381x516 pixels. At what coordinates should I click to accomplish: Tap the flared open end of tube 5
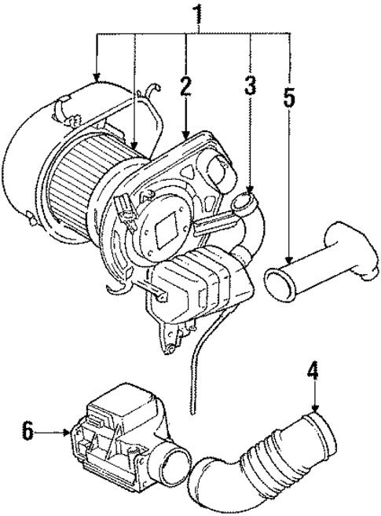(280, 280)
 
